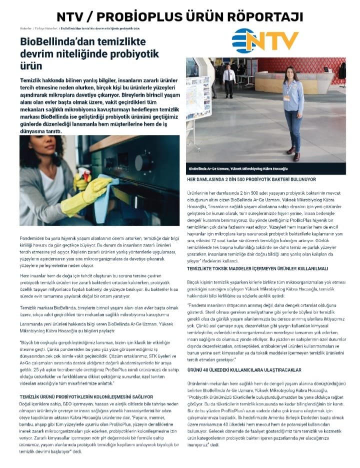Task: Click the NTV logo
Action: click(x=265, y=40)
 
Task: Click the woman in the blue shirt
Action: click(x=293, y=110)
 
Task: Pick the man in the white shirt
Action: click(x=229, y=79)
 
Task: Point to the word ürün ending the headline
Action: click(x=31, y=65)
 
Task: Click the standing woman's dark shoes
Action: click(x=294, y=153)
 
